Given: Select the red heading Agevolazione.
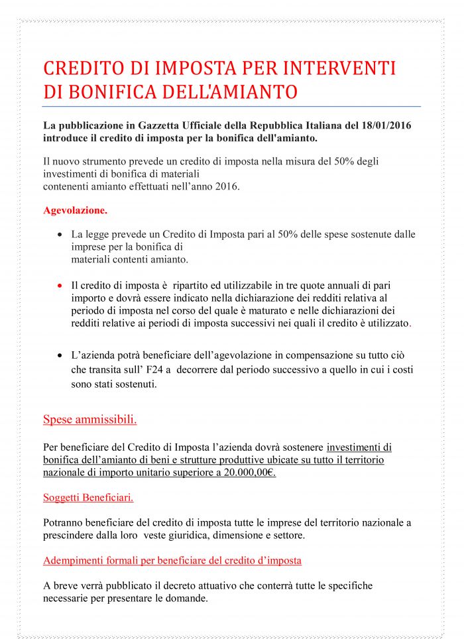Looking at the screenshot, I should (75, 210).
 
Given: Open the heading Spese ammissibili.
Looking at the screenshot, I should (90, 420).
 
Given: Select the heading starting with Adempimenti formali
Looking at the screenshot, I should (172, 560).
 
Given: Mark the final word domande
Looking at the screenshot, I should (188, 598).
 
